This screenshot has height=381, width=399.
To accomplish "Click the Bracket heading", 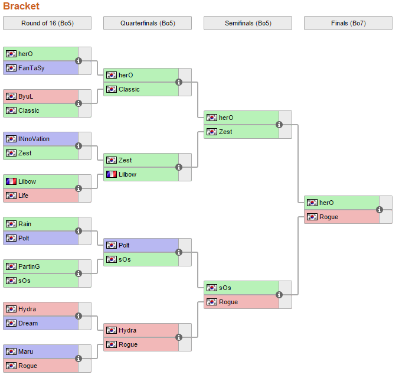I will [x=21, y=6].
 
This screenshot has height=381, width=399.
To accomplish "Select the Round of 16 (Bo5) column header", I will [x=47, y=23].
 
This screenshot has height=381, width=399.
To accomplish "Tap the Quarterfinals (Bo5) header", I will [x=148, y=23].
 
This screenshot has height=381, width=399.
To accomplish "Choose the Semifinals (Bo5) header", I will [x=248, y=23].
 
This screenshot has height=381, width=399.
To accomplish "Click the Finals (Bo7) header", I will [x=348, y=23].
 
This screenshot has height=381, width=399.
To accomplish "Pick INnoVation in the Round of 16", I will [x=34, y=139].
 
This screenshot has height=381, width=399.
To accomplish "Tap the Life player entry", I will [x=24, y=196].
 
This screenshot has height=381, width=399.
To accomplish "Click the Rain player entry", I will [x=25, y=224].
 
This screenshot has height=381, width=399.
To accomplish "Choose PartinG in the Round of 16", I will [x=29, y=266].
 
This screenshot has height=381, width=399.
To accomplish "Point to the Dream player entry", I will [x=28, y=323].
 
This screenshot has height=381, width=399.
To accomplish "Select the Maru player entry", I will [x=25, y=351].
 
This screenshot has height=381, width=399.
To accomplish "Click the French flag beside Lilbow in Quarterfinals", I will [x=111, y=174].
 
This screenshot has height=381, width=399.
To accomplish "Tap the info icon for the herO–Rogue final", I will [x=380, y=210].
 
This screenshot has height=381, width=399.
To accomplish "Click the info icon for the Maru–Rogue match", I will [x=79, y=359].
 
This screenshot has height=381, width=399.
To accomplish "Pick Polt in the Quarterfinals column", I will [x=124, y=245].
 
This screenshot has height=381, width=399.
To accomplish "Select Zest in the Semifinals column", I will [x=225, y=132].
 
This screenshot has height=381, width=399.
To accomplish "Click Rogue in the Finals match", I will [x=329, y=217].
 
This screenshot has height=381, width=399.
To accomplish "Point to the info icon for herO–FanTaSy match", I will [x=79, y=61].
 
